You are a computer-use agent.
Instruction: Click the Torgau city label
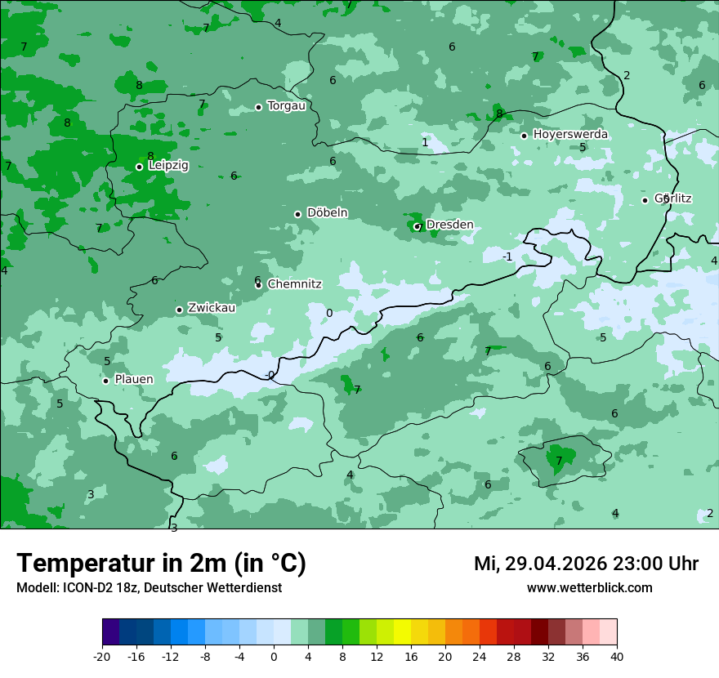(x=286, y=106)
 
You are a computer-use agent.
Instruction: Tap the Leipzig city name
(x=168, y=166)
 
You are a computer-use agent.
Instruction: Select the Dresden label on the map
(x=449, y=225)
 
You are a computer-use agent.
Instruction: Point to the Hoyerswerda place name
(x=570, y=134)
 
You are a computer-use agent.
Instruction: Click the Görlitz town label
(x=673, y=198)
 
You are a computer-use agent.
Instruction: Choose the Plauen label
(x=133, y=380)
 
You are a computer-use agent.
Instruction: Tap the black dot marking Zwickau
(x=179, y=310)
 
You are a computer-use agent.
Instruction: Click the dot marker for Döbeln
(x=297, y=214)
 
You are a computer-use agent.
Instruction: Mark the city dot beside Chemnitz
(x=258, y=285)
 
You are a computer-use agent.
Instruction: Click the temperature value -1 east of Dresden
(x=507, y=256)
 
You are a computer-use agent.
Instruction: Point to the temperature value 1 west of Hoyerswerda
(x=424, y=142)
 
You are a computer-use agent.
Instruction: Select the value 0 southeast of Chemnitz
(x=329, y=313)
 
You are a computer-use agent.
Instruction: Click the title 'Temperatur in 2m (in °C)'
(x=161, y=564)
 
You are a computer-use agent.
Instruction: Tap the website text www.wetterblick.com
(x=589, y=587)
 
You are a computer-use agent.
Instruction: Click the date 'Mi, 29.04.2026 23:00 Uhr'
(x=586, y=564)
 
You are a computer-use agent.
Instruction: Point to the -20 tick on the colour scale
(x=102, y=656)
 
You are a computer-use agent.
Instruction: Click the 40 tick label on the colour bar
(x=616, y=656)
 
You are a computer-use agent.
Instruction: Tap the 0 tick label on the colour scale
(x=274, y=656)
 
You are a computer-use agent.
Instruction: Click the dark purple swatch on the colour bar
(x=110, y=632)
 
